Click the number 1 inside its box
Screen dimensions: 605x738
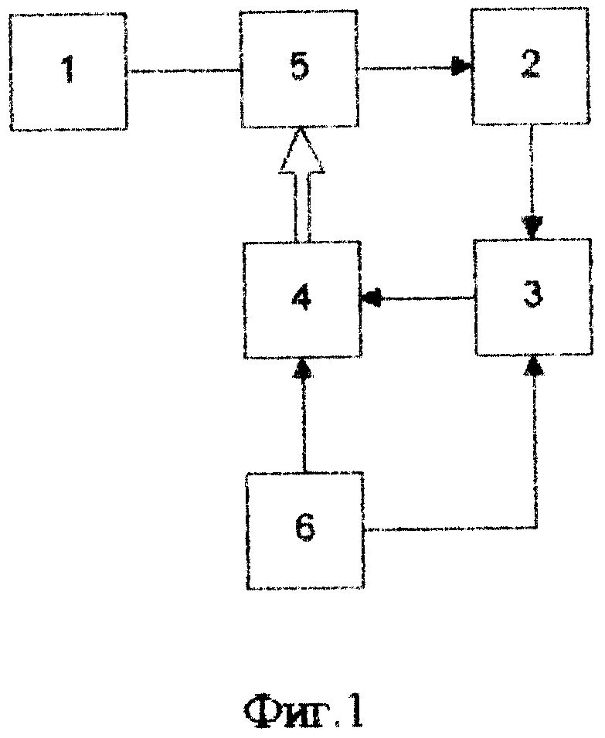click(69, 70)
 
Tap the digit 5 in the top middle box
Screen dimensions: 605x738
click(300, 66)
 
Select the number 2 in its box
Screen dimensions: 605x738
click(530, 63)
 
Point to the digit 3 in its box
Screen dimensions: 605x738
click(533, 294)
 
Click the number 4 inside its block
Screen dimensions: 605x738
click(301, 298)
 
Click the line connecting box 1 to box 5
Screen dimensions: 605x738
click(184, 71)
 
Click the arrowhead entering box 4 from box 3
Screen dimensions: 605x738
click(370, 298)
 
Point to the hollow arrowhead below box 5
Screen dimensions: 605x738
click(301, 151)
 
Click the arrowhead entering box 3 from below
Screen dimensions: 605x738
click(533, 366)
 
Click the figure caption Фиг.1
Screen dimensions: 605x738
click(304, 709)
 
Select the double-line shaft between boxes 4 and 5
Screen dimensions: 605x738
click(301, 207)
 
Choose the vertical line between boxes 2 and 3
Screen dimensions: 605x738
click(532, 170)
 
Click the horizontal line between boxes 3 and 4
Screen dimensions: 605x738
click(427, 298)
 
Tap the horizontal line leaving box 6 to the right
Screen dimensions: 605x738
click(450, 529)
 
